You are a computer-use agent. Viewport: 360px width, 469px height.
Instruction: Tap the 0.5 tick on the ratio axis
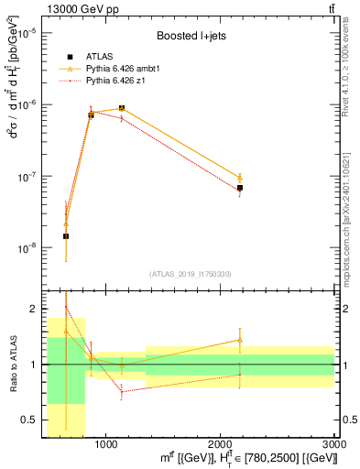(27, 420)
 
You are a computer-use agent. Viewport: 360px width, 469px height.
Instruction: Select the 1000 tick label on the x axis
(106, 443)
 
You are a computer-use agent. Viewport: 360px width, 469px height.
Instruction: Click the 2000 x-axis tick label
(221, 443)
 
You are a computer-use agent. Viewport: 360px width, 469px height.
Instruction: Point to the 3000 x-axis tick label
(334, 443)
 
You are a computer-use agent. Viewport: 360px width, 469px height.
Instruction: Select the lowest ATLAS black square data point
(66, 236)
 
